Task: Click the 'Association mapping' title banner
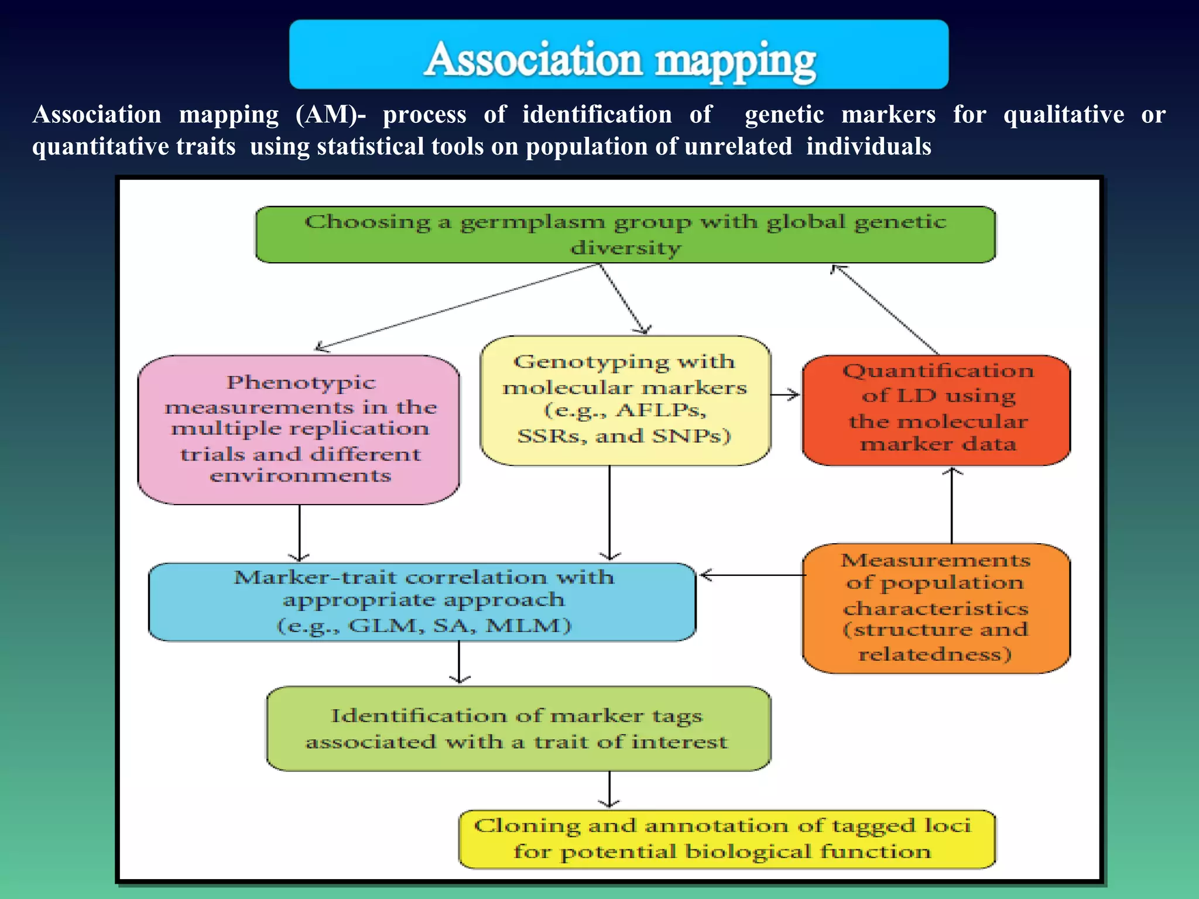click(x=619, y=55)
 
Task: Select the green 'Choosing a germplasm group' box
click(x=625, y=235)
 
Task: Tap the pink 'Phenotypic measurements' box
click(x=299, y=429)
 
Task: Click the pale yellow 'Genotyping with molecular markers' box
click(x=625, y=400)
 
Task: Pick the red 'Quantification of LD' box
click(x=936, y=410)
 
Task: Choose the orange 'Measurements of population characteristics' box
click(x=936, y=608)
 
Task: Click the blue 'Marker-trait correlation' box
click(x=422, y=602)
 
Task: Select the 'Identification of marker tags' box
click(x=518, y=729)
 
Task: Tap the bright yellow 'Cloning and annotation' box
click(x=726, y=839)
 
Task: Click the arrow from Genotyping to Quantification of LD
click(x=785, y=394)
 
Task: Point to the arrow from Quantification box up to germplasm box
click(x=885, y=309)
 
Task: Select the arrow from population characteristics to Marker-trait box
click(x=752, y=575)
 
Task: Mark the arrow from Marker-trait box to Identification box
click(x=459, y=662)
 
